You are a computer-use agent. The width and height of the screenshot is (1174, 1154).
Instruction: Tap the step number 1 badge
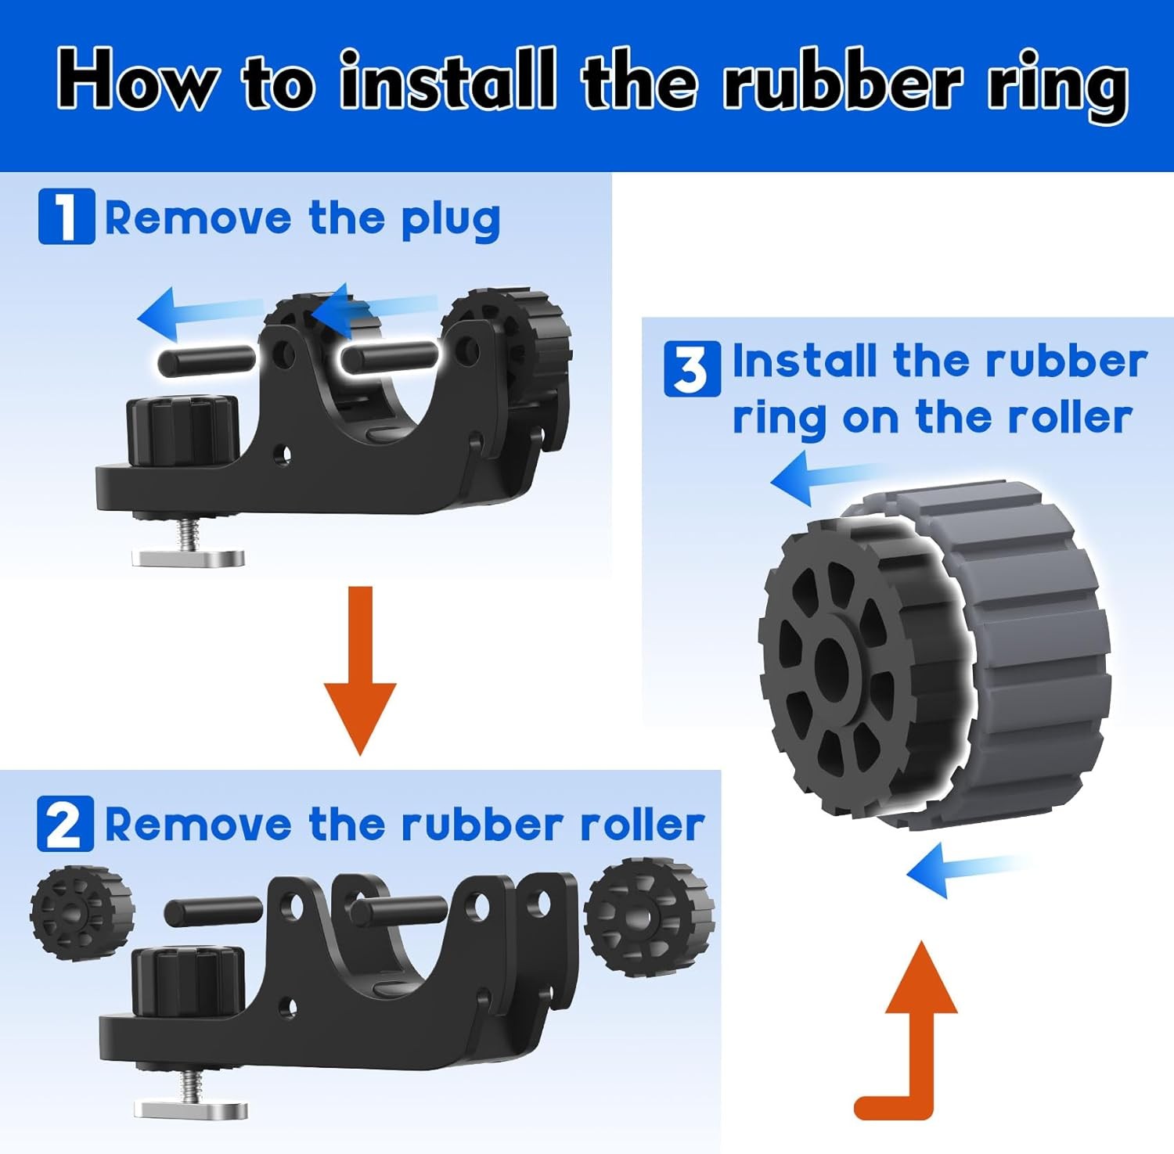67,216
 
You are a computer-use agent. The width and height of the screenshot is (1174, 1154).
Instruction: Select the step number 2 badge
65,824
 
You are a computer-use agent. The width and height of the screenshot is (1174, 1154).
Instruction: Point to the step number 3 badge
692,369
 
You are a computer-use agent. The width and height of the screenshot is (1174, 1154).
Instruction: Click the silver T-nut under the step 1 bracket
188,557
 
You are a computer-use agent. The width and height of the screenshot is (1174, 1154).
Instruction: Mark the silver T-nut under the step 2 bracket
191,1108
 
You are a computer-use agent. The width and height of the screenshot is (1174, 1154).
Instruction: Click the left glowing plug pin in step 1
207,360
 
